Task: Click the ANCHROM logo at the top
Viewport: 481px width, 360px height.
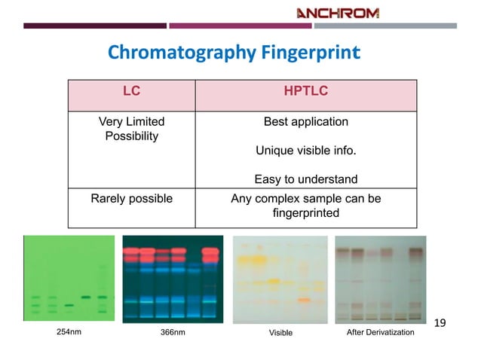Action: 338,13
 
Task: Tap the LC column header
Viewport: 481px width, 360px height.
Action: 132,92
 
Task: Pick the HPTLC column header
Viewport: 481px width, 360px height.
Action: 305,92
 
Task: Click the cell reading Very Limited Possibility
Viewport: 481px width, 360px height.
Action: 132,129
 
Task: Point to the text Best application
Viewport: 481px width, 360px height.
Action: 305,121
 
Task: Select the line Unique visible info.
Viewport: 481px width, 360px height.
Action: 305,151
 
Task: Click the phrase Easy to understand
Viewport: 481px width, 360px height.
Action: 305,179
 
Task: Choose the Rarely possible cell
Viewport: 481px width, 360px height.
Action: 132,199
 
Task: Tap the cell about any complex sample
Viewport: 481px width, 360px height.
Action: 305,206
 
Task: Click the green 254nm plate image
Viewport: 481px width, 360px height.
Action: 69,279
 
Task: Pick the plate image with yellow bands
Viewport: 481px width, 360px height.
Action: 280,279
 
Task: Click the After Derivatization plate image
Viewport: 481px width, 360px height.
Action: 380,279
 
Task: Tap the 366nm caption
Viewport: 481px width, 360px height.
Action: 173,331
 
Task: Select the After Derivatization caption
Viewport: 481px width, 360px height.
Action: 380,331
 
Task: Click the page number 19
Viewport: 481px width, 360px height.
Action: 441,323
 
